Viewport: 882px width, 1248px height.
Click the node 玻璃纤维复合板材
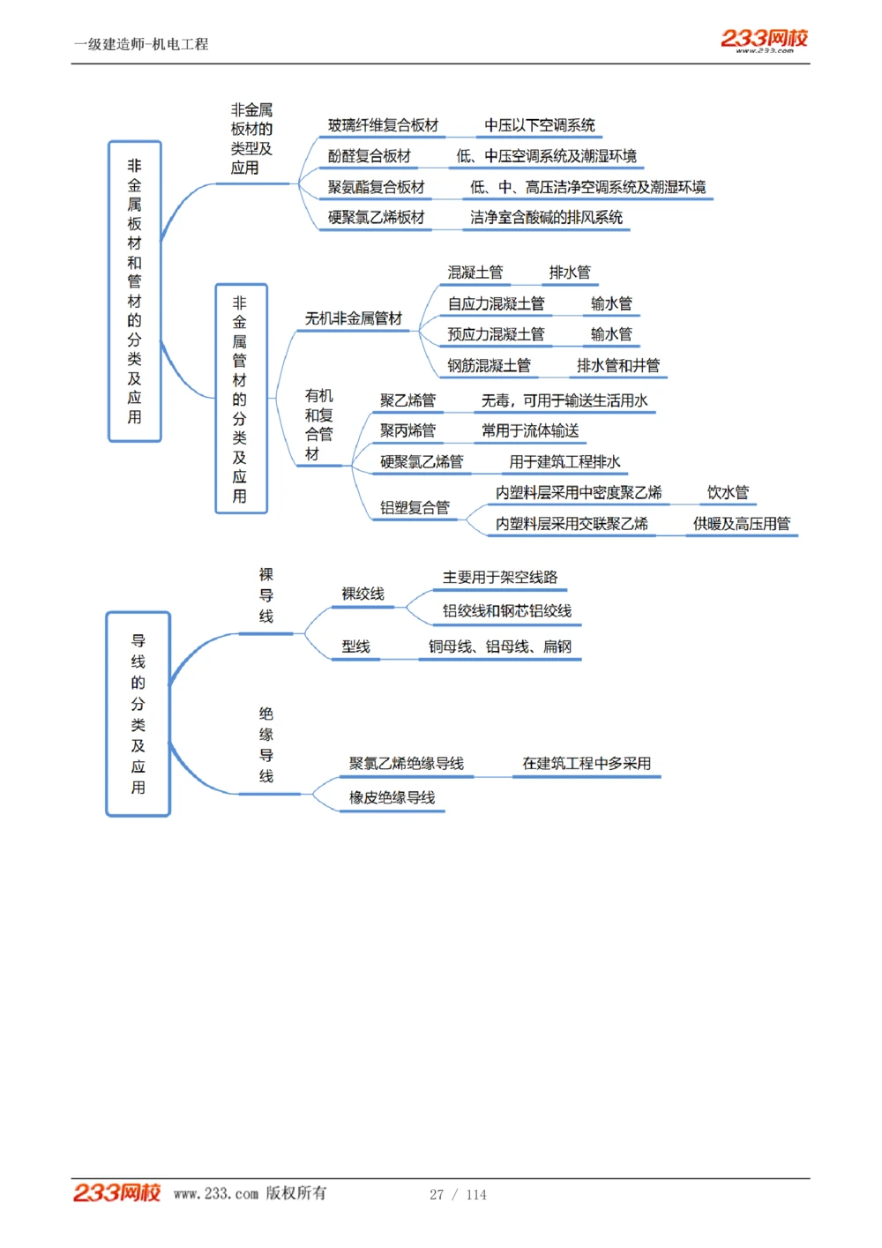(x=383, y=126)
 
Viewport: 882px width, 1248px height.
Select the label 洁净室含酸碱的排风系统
(x=546, y=218)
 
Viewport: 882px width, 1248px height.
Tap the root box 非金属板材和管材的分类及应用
(x=135, y=291)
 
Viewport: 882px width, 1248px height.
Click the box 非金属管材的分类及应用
(x=240, y=399)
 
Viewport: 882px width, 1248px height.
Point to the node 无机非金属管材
(x=353, y=318)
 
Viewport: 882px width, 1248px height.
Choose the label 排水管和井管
(x=617, y=366)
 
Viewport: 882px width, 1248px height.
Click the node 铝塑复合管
(x=415, y=508)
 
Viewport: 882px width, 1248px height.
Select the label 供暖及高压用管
(x=741, y=524)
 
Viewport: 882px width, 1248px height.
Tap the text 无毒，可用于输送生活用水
(x=564, y=401)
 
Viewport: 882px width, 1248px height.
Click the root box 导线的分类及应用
(x=138, y=714)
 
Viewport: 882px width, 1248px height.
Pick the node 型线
(x=356, y=647)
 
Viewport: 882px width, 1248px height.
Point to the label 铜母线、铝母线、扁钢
(x=500, y=647)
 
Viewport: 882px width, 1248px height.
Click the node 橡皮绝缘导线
(x=392, y=798)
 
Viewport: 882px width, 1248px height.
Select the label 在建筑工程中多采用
(x=587, y=764)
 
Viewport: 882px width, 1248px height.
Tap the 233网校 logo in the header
(x=764, y=39)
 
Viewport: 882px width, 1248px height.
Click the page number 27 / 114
(x=458, y=1194)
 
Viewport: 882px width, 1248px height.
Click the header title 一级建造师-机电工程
(x=141, y=44)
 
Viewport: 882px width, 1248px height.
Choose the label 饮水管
(x=728, y=493)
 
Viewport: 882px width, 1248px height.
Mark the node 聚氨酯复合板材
(x=377, y=188)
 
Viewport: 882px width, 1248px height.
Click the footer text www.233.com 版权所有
(x=250, y=1193)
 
